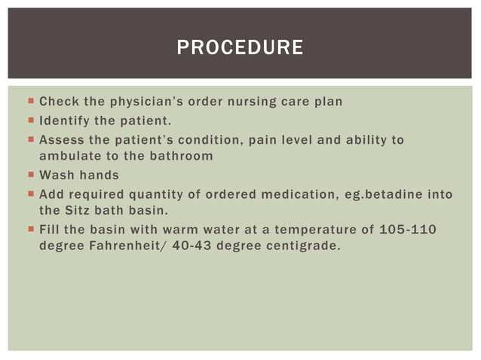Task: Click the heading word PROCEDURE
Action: (x=240, y=48)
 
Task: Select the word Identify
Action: (x=64, y=121)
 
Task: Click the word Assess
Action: (x=62, y=139)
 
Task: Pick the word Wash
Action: (x=54, y=175)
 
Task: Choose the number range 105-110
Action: (x=408, y=229)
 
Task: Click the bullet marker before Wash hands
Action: (x=29, y=175)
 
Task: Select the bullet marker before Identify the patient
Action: (x=29, y=121)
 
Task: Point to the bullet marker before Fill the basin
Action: (x=29, y=229)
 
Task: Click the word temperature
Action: (x=306, y=229)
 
